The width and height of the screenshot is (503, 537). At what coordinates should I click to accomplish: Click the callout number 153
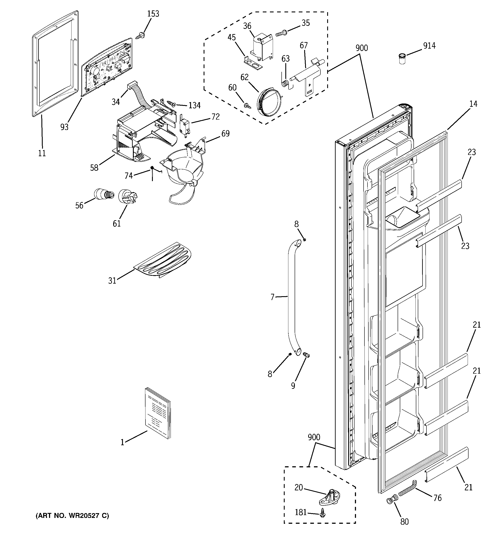click(153, 14)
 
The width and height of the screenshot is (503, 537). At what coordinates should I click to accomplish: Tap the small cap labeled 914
click(402, 58)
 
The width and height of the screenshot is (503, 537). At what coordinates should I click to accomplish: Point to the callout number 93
click(64, 127)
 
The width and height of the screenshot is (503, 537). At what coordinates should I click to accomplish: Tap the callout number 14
click(473, 104)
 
